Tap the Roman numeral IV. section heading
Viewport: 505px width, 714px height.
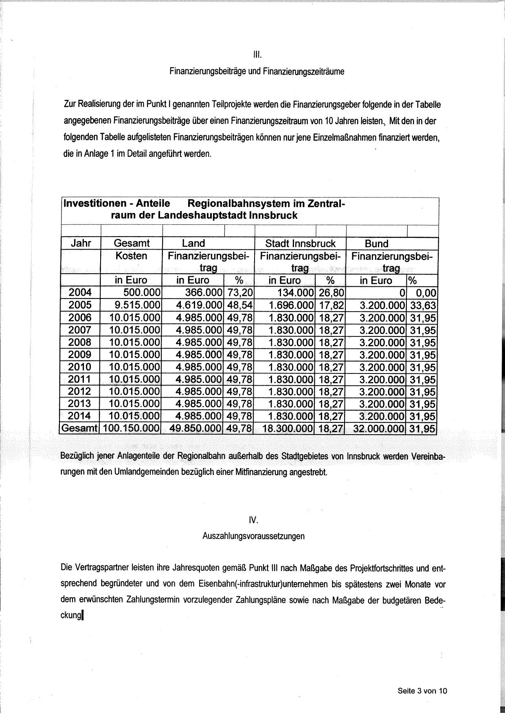pyautogui.click(x=253, y=520)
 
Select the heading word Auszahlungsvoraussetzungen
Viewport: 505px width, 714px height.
pyautogui.click(x=253, y=536)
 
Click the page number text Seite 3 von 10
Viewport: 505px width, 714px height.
pyautogui.click(x=422, y=691)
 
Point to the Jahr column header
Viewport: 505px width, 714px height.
pyautogui.click(x=81, y=244)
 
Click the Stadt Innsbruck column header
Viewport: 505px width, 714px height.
pyautogui.click(x=300, y=244)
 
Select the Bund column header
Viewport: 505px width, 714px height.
pyautogui.click(x=377, y=244)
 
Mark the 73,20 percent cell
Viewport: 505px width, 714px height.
pyautogui.click(x=239, y=292)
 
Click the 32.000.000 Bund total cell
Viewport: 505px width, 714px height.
pyautogui.click(x=379, y=428)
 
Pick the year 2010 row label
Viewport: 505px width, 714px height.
pyautogui.click(x=80, y=367)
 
